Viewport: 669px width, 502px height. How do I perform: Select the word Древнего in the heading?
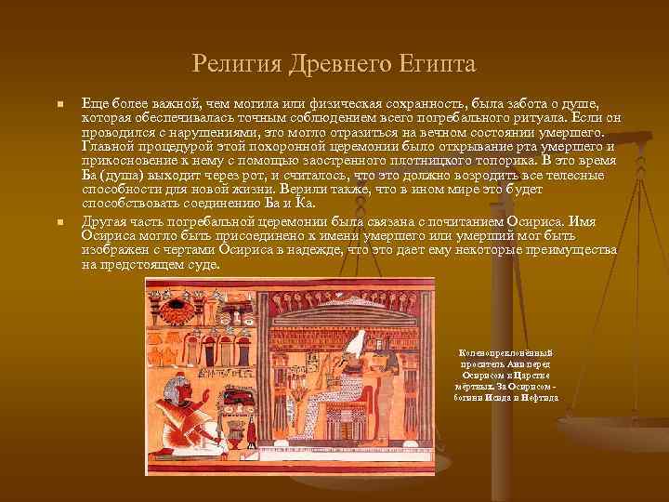331,64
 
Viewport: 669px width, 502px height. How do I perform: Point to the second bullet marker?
59,224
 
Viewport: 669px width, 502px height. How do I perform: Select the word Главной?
108,147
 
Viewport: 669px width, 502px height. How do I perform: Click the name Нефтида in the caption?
540,397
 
